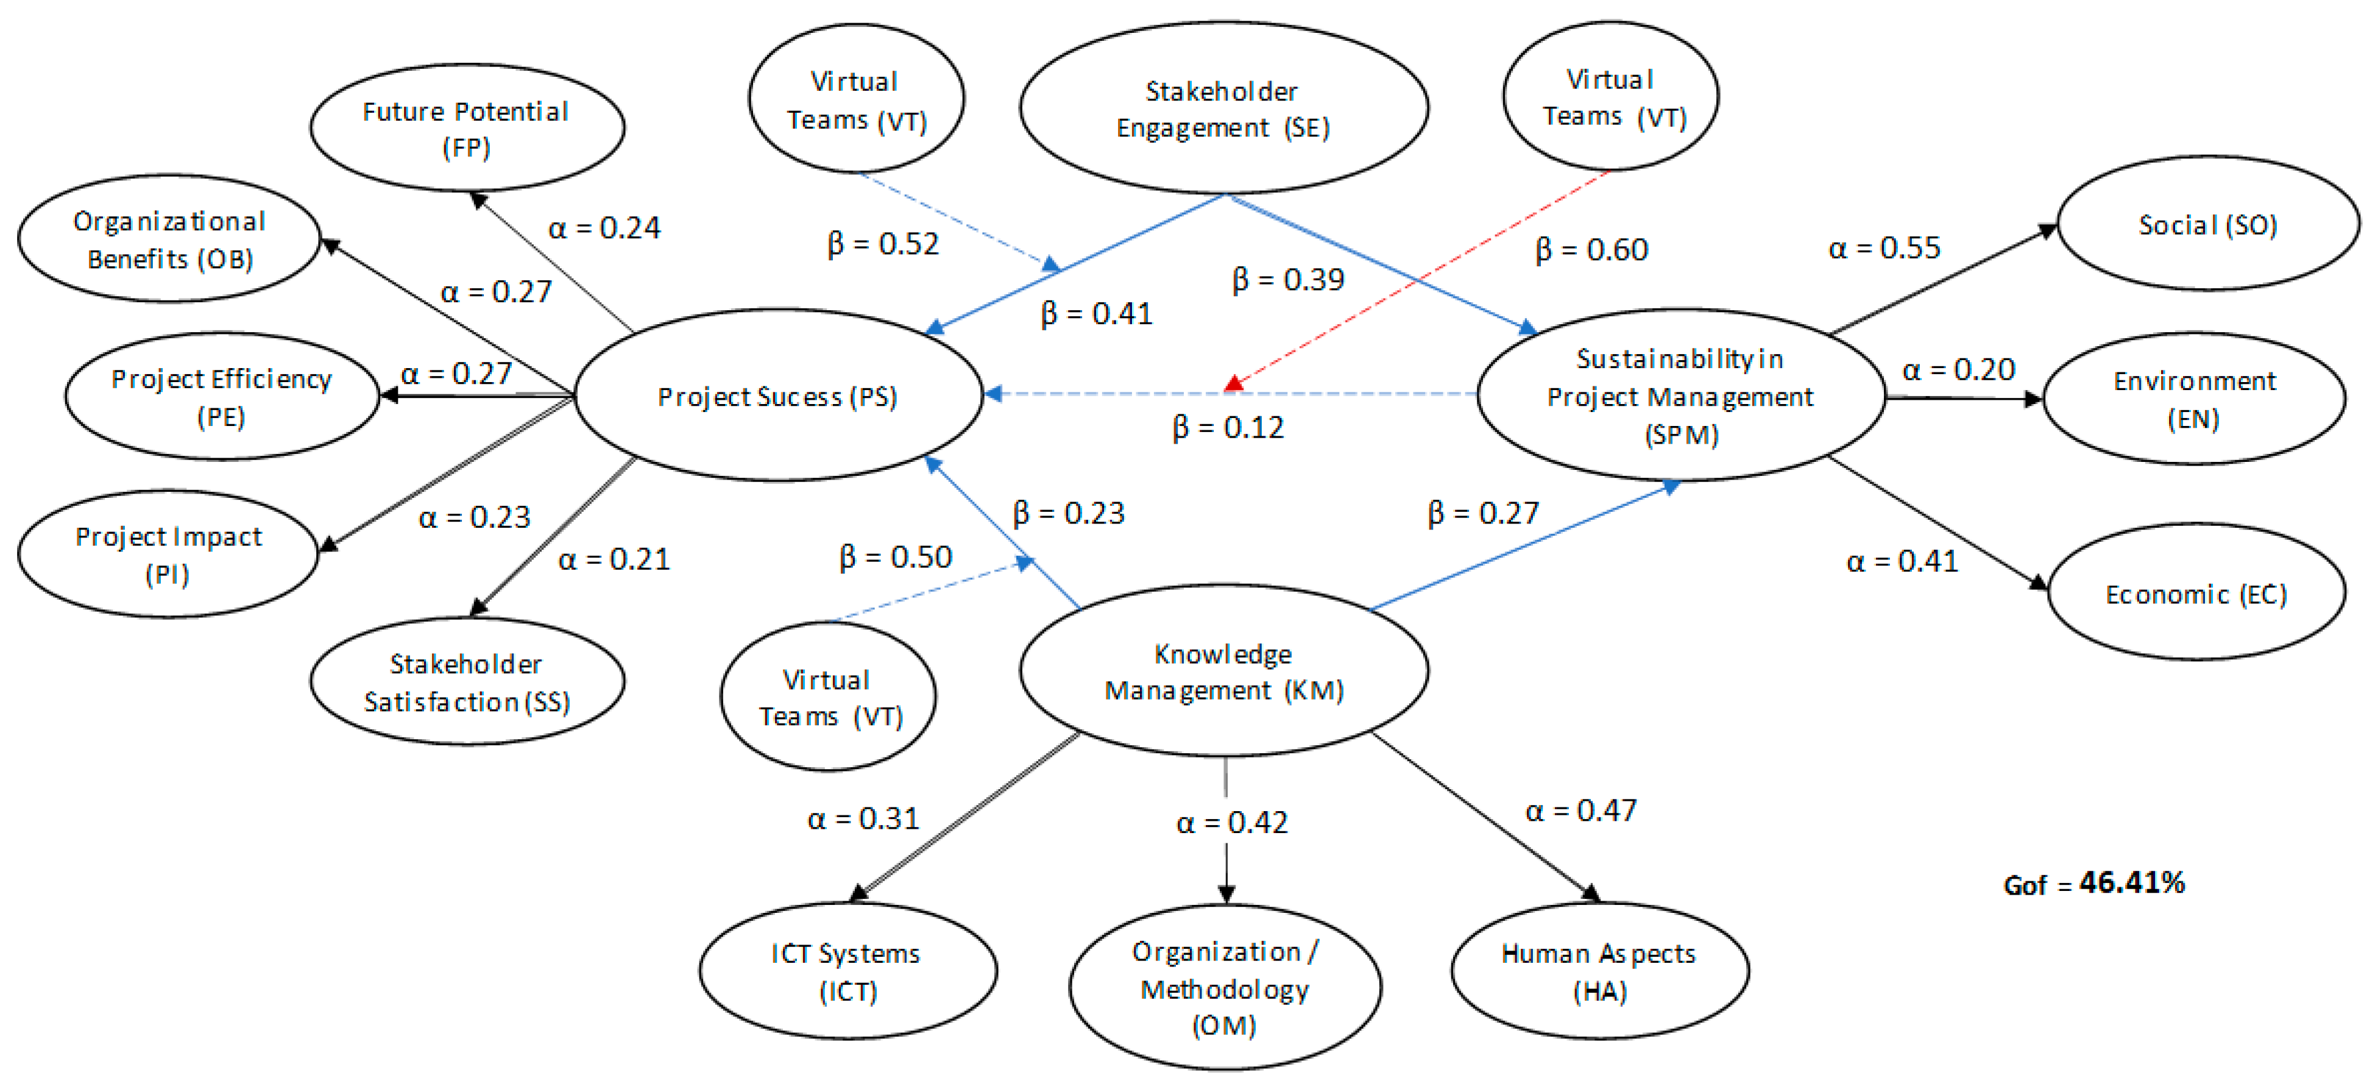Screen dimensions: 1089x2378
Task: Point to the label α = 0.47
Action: (1580, 810)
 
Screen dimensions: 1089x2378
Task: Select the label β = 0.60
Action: (1591, 249)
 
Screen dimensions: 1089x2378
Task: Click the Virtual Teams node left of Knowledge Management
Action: (828, 697)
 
